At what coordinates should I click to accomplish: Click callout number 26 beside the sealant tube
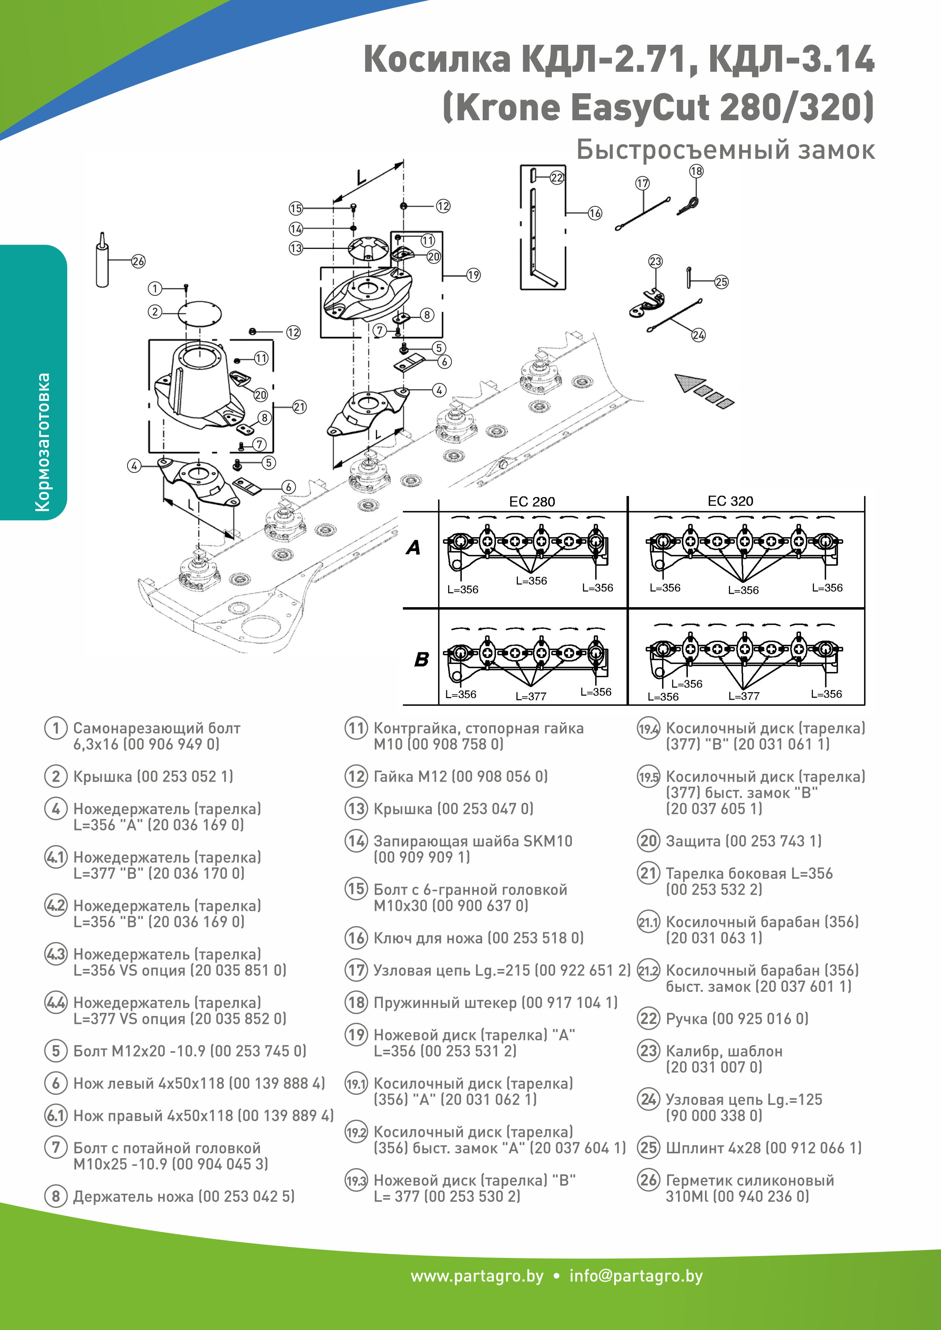pyautogui.click(x=138, y=261)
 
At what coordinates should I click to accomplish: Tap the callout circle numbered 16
pyautogui.click(x=595, y=213)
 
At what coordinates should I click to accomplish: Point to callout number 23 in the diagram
pyautogui.click(x=655, y=261)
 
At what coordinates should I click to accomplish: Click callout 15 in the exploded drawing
pyautogui.click(x=296, y=209)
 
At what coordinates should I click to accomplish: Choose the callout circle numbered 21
pyautogui.click(x=299, y=407)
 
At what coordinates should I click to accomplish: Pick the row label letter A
pyautogui.click(x=413, y=547)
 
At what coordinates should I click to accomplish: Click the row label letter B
pyautogui.click(x=421, y=659)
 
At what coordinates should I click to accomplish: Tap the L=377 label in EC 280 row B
pyautogui.click(x=531, y=696)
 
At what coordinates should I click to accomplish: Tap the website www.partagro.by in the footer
pyautogui.click(x=477, y=1276)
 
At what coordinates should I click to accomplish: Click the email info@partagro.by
pyautogui.click(x=636, y=1276)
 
